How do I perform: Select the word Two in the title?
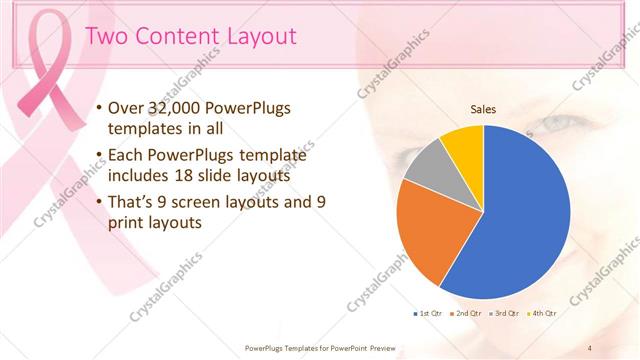pyautogui.click(x=106, y=37)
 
